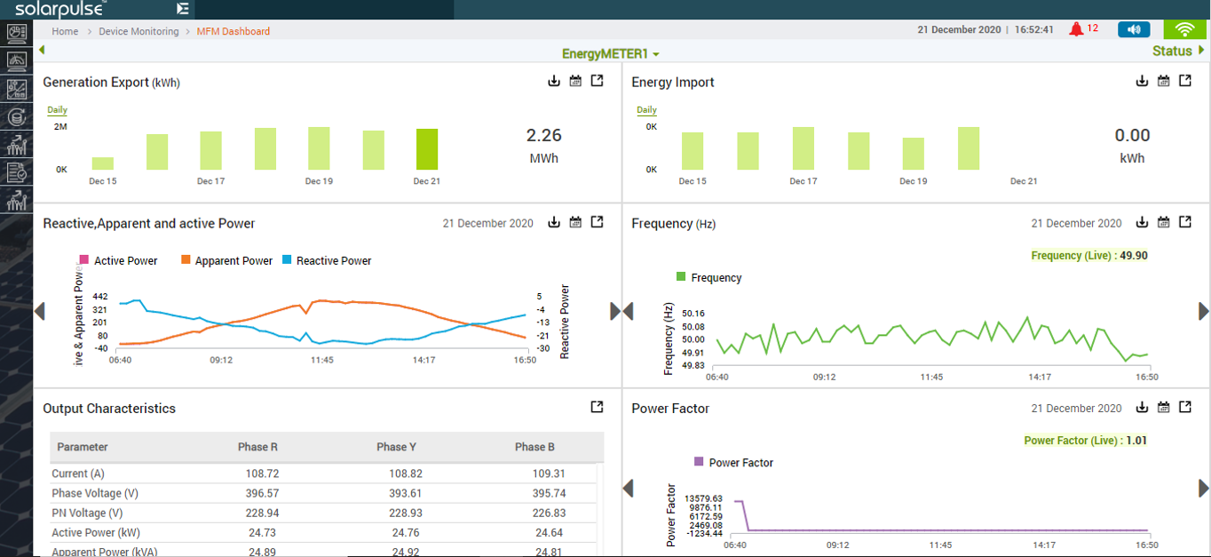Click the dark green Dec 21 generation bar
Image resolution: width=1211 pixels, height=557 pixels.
[427, 149]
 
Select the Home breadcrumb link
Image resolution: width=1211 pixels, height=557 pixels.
[65, 31]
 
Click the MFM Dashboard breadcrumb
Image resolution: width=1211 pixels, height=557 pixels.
[233, 31]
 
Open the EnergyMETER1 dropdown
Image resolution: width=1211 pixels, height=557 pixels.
[611, 54]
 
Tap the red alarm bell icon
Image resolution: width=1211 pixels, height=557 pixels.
[1077, 29]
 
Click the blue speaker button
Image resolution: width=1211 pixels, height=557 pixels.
[1134, 29]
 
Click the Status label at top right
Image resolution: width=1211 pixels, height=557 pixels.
[1172, 51]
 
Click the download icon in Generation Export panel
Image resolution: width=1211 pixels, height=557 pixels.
[554, 81]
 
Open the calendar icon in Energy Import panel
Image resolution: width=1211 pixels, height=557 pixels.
[1163, 81]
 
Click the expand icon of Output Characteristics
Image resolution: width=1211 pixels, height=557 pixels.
[597, 407]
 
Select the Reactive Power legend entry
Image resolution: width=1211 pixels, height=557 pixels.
[326, 261]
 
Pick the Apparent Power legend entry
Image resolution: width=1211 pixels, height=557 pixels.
[226, 261]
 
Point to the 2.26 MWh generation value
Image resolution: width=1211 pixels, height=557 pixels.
[543, 136]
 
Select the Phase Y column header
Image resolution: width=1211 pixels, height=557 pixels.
[396, 447]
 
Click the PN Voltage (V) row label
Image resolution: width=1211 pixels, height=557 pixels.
[87, 513]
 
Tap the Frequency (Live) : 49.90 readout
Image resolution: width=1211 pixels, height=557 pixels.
[1089, 256]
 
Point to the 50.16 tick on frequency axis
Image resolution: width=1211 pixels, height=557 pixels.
[693, 314]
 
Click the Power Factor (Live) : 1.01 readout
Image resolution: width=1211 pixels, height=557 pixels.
[1085, 441]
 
